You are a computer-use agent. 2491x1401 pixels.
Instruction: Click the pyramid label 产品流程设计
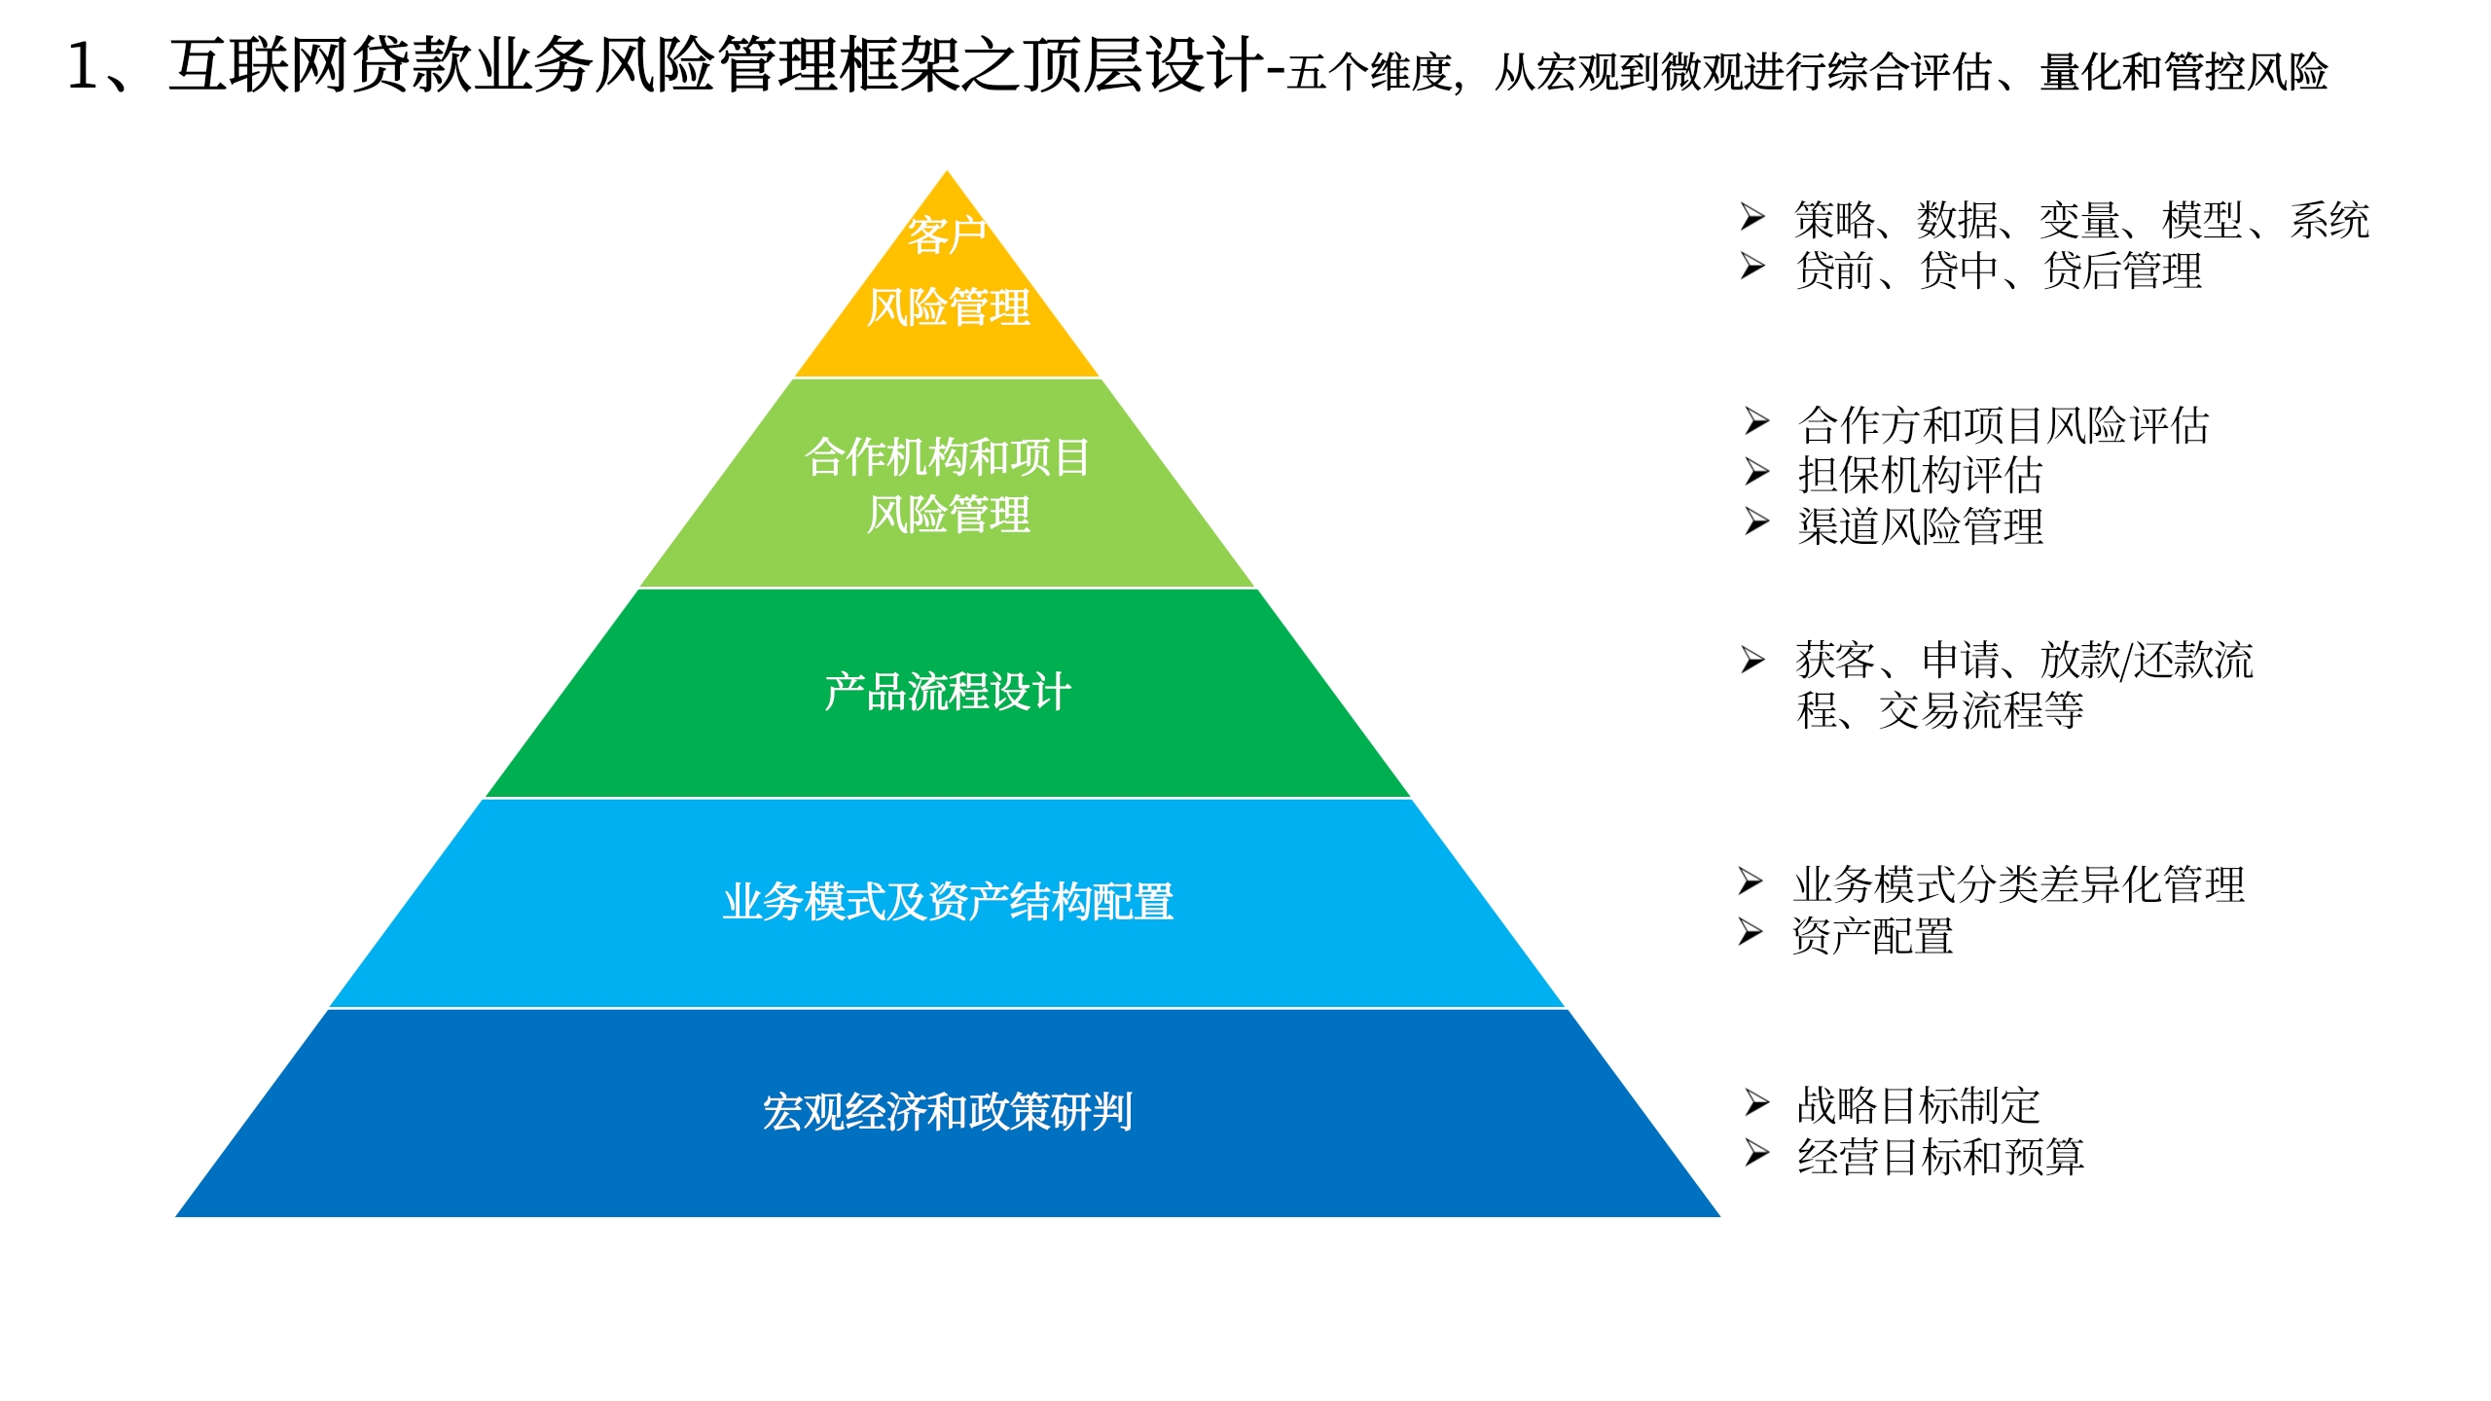[x=948, y=693]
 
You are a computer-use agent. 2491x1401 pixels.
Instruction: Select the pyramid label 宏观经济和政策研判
[x=948, y=1111]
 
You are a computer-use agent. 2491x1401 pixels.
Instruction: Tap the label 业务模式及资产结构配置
[x=948, y=902]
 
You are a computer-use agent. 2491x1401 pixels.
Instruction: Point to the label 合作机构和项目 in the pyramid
[x=948, y=456]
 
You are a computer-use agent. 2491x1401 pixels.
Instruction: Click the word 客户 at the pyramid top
[x=947, y=235]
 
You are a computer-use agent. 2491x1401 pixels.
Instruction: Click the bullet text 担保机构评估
[x=1920, y=476]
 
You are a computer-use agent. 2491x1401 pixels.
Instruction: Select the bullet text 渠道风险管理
[x=1920, y=526]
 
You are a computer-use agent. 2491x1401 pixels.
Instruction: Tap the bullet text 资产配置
[x=1873, y=936]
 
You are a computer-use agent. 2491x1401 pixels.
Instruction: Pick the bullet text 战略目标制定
[x=1918, y=1105]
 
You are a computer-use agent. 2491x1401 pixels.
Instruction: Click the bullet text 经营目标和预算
[x=1940, y=1157]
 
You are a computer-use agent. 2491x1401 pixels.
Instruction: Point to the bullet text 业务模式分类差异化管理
[x=2019, y=884]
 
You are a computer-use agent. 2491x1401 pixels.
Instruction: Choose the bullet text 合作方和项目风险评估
[x=2004, y=425]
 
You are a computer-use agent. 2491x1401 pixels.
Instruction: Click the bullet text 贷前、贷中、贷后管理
[x=1999, y=270]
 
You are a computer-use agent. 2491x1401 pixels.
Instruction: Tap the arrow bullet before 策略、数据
[x=1752, y=216]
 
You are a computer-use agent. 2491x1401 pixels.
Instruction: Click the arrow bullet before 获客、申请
[x=1752, y=660]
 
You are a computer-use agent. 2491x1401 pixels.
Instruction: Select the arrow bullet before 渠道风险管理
[x=1756, y=522]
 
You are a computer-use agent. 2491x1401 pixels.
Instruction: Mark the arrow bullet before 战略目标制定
[x=1756, y=1102]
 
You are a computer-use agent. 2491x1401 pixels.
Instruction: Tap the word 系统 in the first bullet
[x=2329, y=220]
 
